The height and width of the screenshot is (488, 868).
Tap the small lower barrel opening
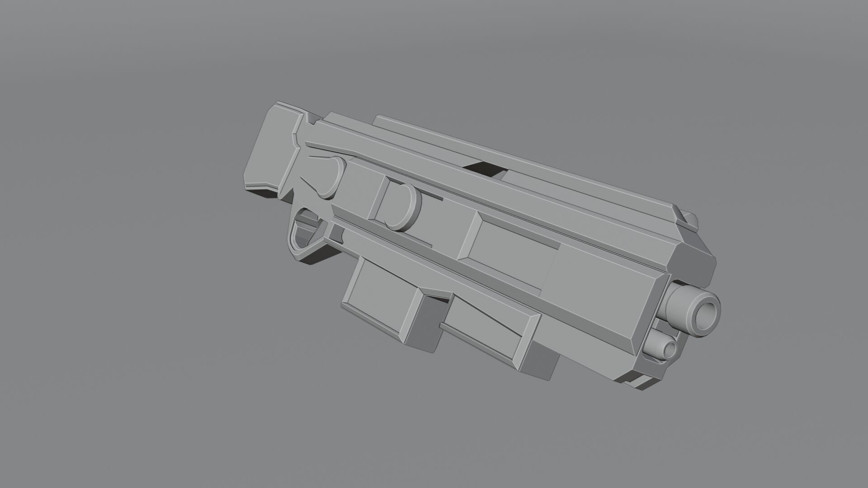pos(670,348)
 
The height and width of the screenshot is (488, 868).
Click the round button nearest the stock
pos(333,178)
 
